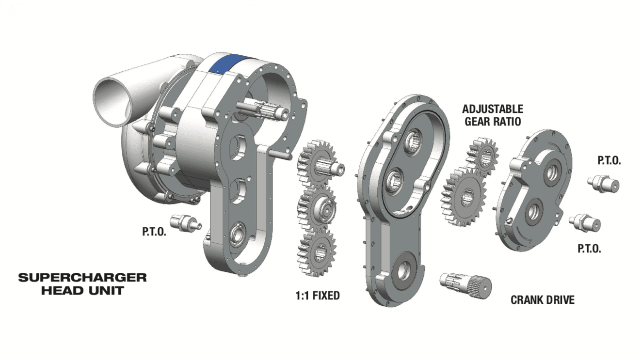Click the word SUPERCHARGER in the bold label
point(82,278)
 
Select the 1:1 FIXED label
point(318,295)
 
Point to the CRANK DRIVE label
point(542,300)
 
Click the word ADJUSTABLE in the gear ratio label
point(492,109)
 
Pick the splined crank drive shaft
point(465,283)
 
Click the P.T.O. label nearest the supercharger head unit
point(154,232)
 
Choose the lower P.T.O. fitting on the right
point(585,222)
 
